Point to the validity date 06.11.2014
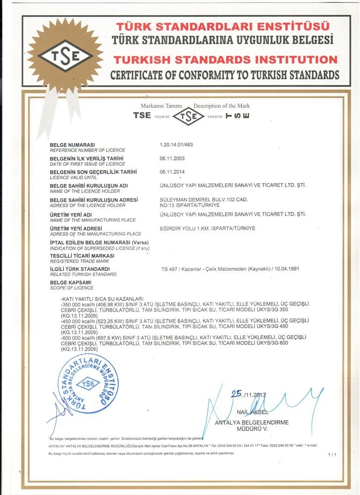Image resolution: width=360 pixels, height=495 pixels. [171, 172]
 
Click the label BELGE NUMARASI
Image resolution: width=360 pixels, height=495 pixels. [72, 145]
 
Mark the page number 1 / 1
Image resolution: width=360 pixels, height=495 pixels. [332, 454]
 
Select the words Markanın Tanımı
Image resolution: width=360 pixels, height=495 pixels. [161, 106]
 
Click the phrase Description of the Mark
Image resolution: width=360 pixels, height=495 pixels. [221, 106]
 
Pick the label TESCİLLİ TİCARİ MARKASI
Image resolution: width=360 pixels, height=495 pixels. [82, 255]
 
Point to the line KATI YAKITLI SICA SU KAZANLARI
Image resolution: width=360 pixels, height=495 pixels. [101, 298]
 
